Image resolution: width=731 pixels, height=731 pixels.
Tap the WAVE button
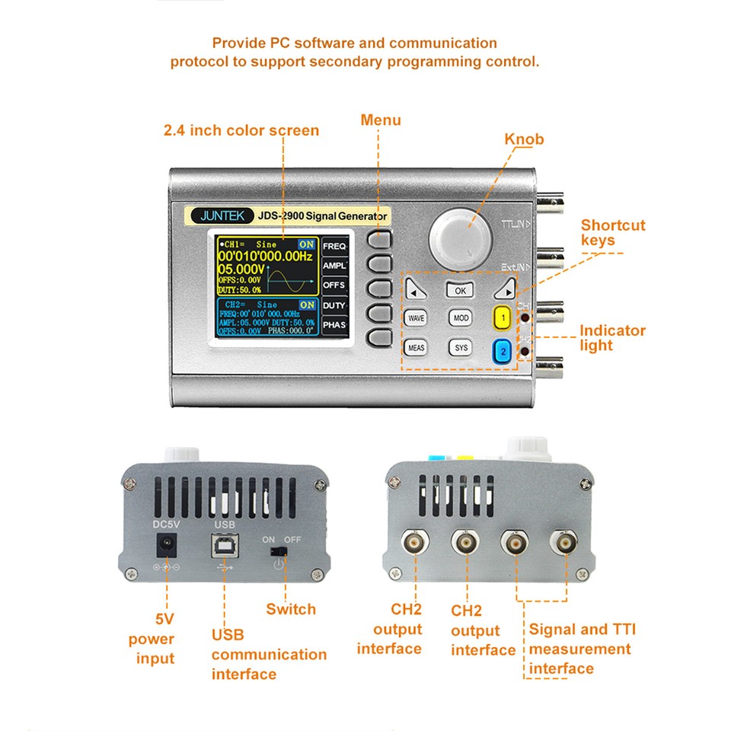tap(416, 318)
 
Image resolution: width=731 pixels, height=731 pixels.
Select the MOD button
tap(460, 318)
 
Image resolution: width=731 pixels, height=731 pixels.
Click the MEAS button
tap(416, 348)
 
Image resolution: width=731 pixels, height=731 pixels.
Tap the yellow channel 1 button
tap(503, 317)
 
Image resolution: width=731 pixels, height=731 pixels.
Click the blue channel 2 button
tap(503, 351)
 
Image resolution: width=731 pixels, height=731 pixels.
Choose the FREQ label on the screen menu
tap(334, 247)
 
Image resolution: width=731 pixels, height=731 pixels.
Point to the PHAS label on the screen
tap(334, 325)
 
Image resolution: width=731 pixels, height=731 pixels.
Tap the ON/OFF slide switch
tap(279, 551)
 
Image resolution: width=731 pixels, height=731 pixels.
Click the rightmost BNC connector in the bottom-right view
tap(564, 542)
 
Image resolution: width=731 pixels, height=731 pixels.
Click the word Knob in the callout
tap(524, 139)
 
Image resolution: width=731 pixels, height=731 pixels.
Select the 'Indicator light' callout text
tap(612, 337)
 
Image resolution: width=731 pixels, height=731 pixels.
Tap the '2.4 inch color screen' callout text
tap(241, 130)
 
